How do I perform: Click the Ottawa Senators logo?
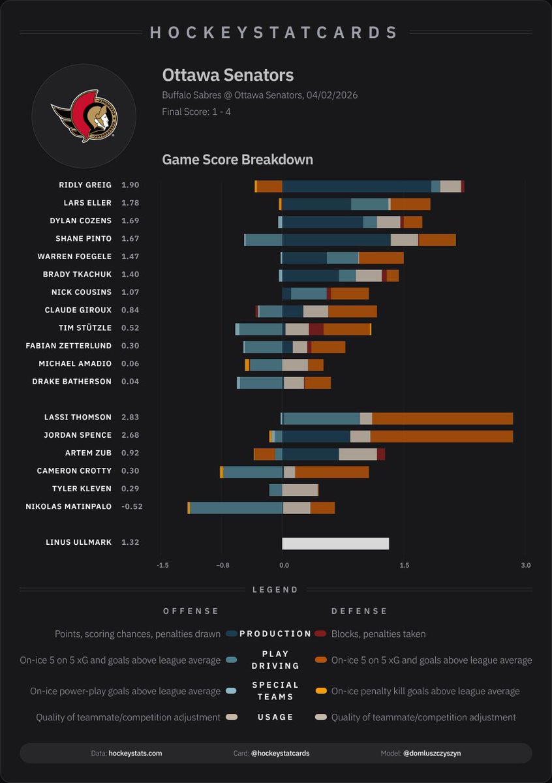tap(84, 116)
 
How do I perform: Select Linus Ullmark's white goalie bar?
tap(335, 543)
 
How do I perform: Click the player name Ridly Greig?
tap(85, 185)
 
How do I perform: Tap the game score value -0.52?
tap(132, 506)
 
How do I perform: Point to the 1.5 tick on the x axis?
tap(404, 565)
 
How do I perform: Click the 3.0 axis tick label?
tap(525, 565)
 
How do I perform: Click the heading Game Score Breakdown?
tap(238, 160)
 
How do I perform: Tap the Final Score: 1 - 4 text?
tap(196, 112)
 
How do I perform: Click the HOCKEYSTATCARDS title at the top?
tap(275, 32)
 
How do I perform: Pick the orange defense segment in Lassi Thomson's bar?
tap(442, 418)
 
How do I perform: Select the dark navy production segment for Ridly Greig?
tap(356, 187)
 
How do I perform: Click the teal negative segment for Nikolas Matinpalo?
tap(236, 508)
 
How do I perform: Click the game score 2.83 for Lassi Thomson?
tap(130, 417)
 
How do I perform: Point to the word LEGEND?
tap(275, 589)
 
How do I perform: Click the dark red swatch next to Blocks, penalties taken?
tap(320, 634)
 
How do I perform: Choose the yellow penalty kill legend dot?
tap(320, 691)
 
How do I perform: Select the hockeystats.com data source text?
tap(135, 753)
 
